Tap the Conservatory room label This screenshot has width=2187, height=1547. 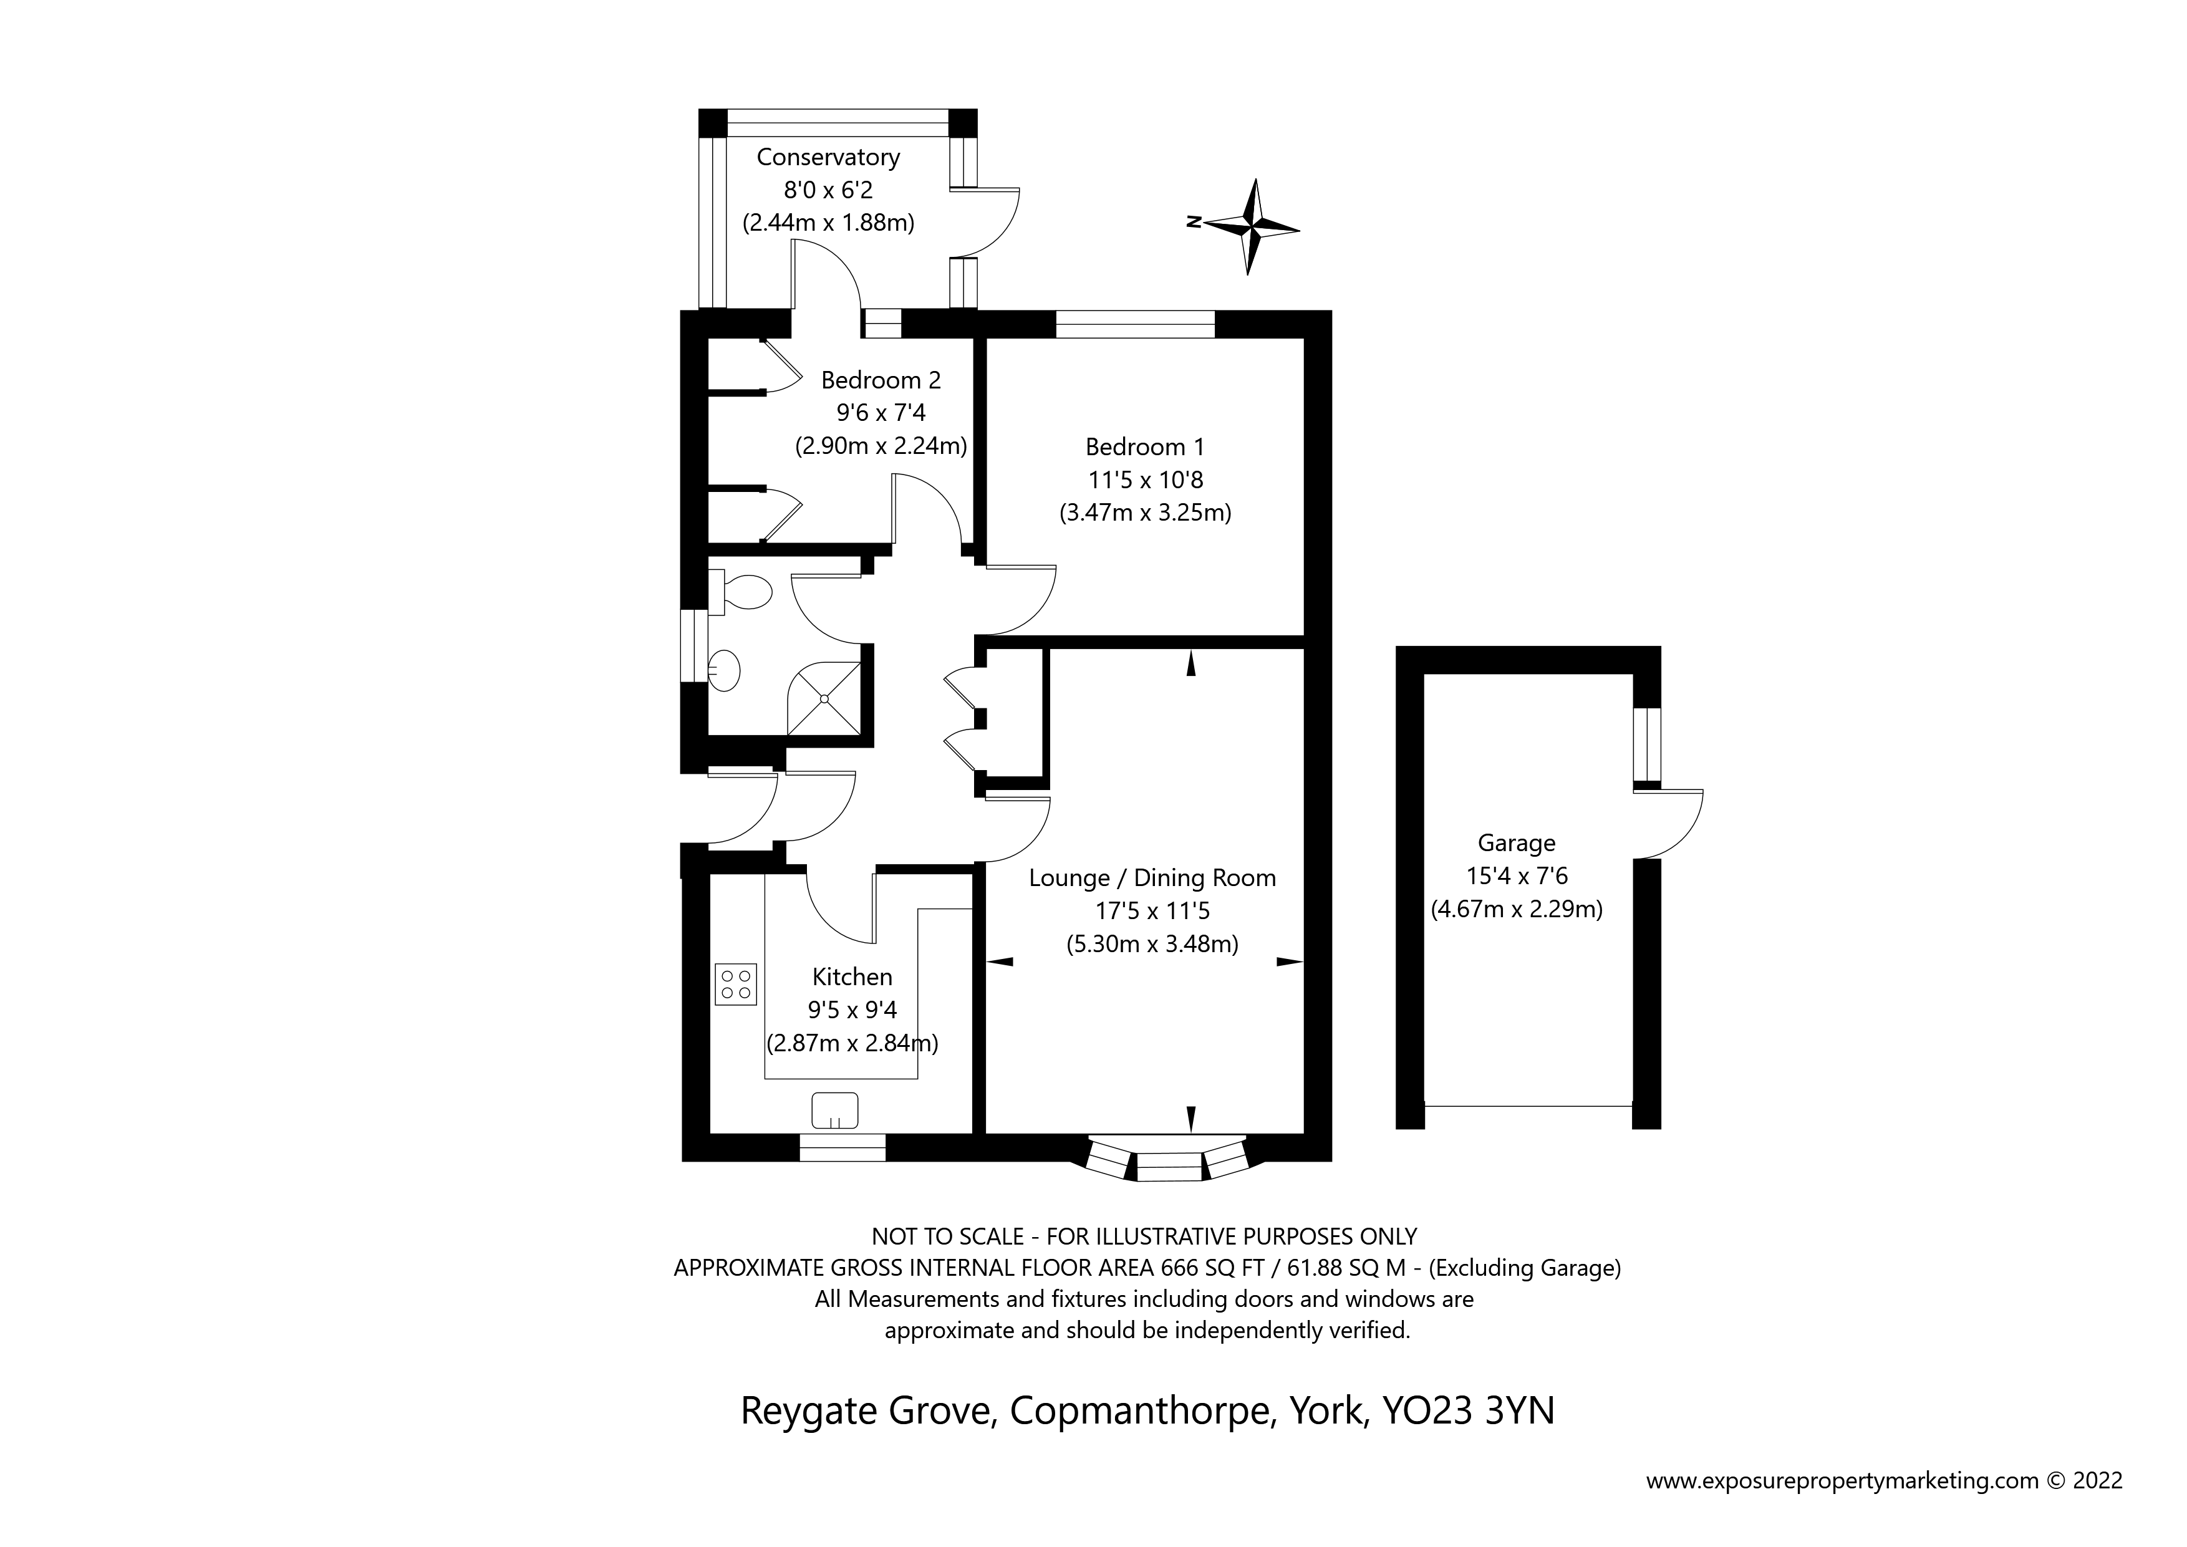(x=828, y=157)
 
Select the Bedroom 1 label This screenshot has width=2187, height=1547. (x=1145, y=446)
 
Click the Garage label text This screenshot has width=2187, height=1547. (x=1517, y=843)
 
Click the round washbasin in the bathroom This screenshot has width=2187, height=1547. (x=725, y=671)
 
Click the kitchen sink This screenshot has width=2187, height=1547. (x=834, y=1111)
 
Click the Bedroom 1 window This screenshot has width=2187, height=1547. (x=1136, y=325)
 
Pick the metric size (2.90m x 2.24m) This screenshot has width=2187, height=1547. (x=881, y=446)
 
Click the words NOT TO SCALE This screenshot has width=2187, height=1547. (x=949, y=1236)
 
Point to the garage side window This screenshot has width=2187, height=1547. (x=1647, y=745)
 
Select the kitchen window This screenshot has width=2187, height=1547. (x=842, y=1148)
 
